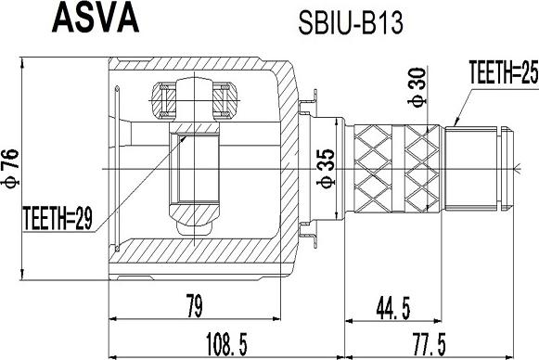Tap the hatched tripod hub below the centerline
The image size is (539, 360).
click(x=192, y=217)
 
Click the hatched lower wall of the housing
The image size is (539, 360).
click(x=199, y=255)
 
